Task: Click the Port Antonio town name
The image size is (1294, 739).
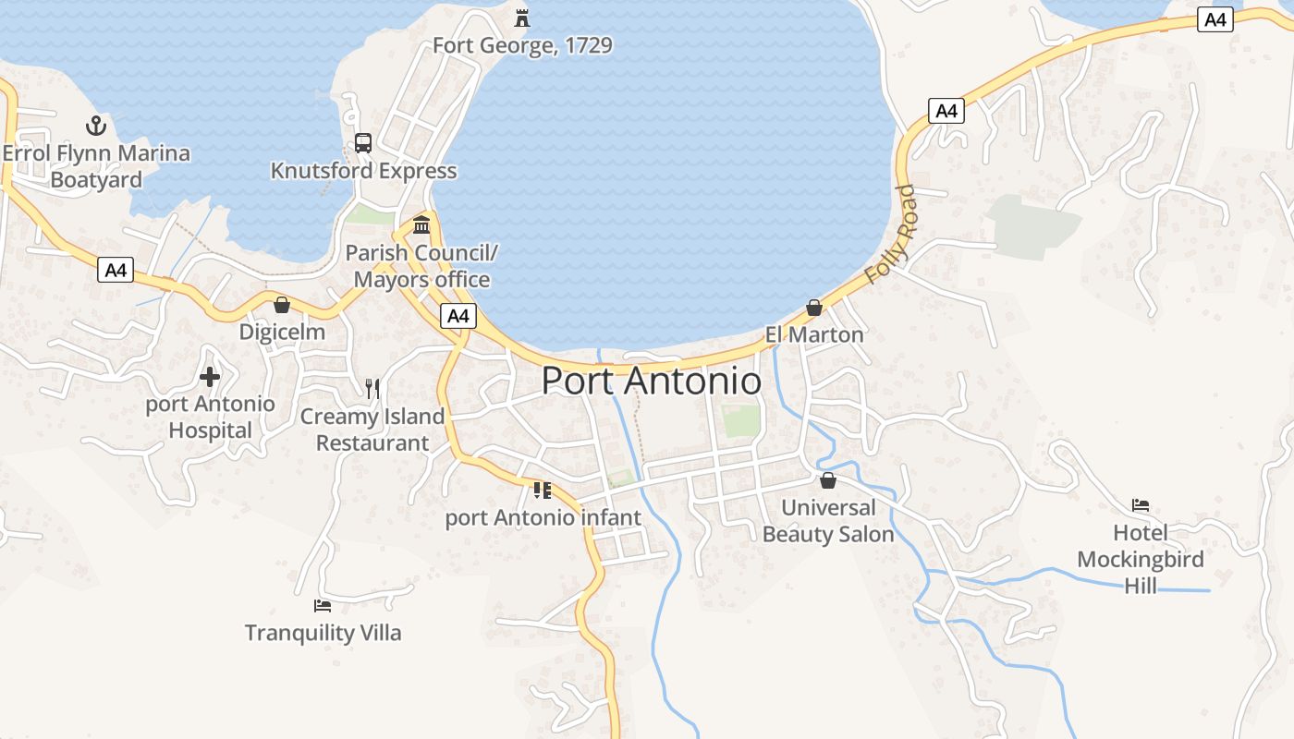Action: point(651,381)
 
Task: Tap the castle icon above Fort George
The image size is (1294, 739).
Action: point(522,18)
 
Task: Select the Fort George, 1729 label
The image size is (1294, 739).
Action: point(522,45)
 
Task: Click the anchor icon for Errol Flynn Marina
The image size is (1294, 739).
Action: point(96,126)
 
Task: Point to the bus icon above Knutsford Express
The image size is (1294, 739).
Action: point(363,143)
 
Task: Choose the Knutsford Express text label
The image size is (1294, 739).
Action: point(363,171)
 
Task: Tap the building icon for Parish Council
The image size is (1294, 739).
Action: point(421,224)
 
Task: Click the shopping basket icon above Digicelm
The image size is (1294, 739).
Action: point(282,305)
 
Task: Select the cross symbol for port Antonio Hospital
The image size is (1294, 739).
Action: point(210,377)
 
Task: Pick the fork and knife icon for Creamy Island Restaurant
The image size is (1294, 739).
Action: point(372,388)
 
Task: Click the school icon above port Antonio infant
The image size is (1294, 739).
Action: point(543,490)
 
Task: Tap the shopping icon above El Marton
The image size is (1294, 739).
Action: point(814,307)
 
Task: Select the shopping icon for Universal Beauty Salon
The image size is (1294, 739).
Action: point(828,480)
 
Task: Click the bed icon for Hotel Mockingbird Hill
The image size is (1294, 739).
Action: point(1141,505)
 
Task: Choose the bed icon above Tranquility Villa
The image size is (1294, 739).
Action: point(323,606)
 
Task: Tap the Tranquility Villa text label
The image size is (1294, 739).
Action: point(323,633)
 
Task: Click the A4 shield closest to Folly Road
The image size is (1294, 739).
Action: point(946,112)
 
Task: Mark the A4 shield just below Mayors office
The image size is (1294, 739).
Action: point(458,316)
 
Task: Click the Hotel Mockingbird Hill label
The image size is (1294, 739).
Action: point(1141,559)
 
